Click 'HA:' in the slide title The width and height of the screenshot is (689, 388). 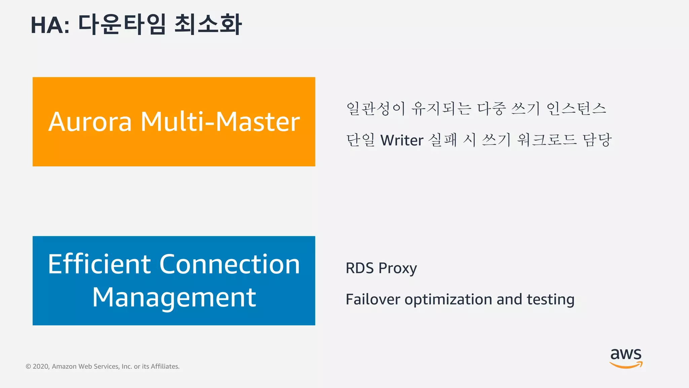coord(50,25)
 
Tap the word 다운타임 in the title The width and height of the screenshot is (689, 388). coord(122,24)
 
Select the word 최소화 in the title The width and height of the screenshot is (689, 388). coord(208,24)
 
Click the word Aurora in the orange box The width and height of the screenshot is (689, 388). coord(90,122)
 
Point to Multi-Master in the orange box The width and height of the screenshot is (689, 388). coord(220,122)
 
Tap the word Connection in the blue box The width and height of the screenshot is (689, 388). coord(229,264)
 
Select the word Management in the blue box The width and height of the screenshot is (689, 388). coord(174,297)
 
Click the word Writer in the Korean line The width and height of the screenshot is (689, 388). coord(402,140)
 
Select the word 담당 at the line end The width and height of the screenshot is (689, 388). coord(597,140)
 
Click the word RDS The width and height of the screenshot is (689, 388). coord(360,268)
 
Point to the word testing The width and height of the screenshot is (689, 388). coord(550,300)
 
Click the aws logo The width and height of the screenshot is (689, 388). coord(626,358)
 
